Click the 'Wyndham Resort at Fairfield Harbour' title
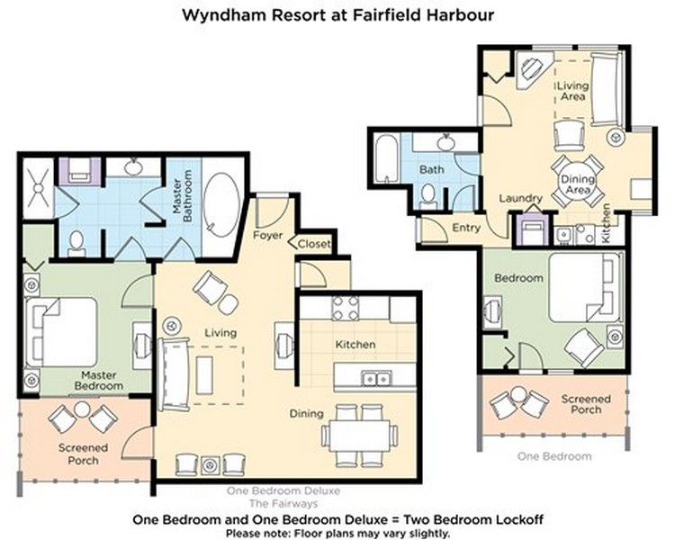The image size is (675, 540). (x=337, y=15)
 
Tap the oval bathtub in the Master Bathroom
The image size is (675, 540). (x=221, y=204)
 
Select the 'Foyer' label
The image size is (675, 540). (x=267, y=236)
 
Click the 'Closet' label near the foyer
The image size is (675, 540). (x=314, y=244)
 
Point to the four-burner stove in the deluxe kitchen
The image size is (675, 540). (x=346, y=308)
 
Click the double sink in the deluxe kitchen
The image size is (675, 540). (x=376, y=379)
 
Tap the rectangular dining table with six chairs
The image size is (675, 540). (x=359, y=436)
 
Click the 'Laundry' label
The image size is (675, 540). (x=520, y=199)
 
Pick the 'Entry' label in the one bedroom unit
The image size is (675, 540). (x=466, y=228)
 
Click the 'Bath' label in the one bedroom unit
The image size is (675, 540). (x=431, y=170)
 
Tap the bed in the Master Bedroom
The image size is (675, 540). (x=61, y=332)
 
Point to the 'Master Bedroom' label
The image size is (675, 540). (x=99, y=381)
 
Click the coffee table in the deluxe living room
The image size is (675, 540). (x=204, y=375)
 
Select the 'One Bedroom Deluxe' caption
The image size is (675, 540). (x=283, y=490)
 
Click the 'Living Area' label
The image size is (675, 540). (x=572, y=91)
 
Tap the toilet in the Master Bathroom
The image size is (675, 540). (x=76, y=244)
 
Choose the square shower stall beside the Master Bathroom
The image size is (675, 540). (x=39, y=188)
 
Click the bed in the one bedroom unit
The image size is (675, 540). (x=586, y=287)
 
